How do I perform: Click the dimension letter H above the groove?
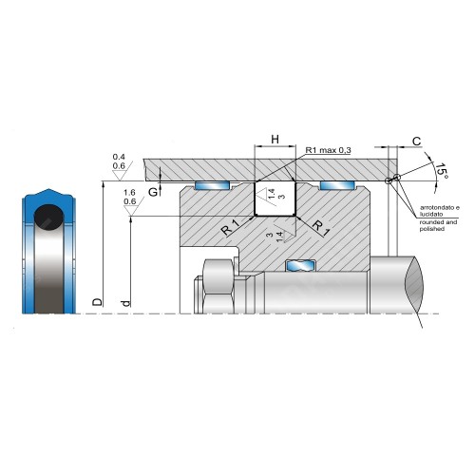[x=275, y=140]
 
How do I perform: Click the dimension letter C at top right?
[x=417, y=142]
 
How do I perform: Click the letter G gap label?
[x=153, y=192]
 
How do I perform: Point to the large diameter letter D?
[x=98, y=302]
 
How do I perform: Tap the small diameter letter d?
[x=125, y=303]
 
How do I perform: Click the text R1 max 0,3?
[x=328, y=150]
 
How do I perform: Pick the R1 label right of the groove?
[x=321, y=228]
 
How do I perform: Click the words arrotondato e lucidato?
[x=440, y=211]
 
